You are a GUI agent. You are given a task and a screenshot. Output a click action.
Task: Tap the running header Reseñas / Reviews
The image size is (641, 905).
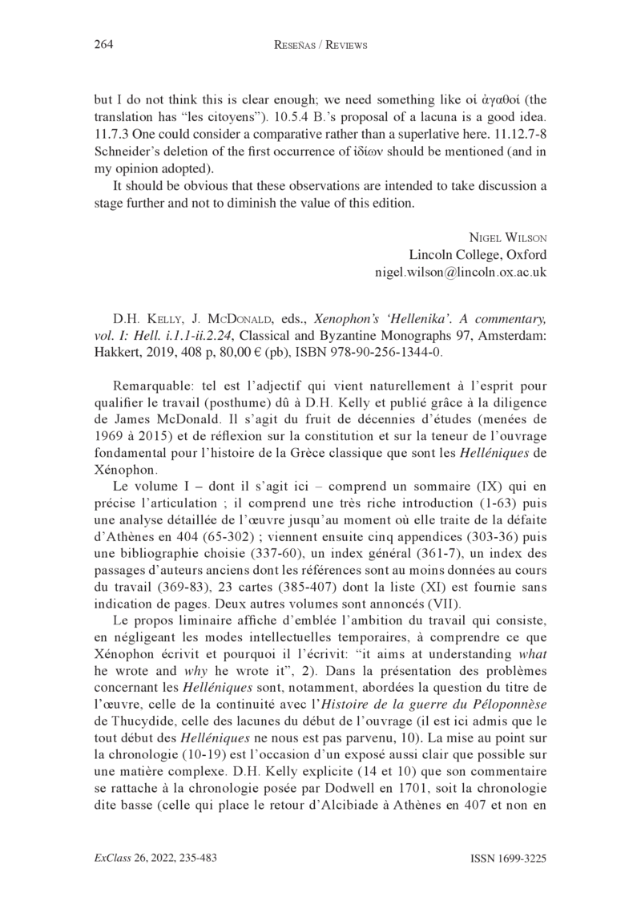tap(320, 45)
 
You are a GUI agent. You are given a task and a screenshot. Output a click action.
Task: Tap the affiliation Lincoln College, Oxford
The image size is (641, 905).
tap(478, 255)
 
